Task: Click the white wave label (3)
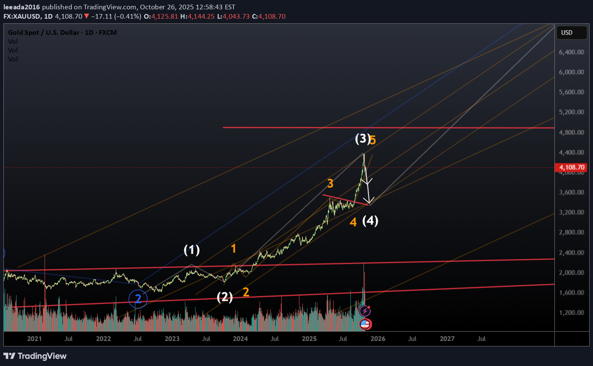(x=363, y=139)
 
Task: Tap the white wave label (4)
(x=370, y=221)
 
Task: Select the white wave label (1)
(x=191, y=250)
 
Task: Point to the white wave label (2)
(x=225, y=297)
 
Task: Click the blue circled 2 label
(x=138, y=299)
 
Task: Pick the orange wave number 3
(x=330, y=184)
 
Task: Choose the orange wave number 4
(x=353, y=222)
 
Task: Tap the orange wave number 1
(x=233, y=249)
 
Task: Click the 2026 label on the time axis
(x=378, y=339)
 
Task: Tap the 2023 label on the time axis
(x=172, y=339)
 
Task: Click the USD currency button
(x=567, y=33)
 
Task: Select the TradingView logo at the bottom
(x=35, y=356)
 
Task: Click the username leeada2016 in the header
(x=22, y=7)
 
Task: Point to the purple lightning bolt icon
(x=365, y=311)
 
